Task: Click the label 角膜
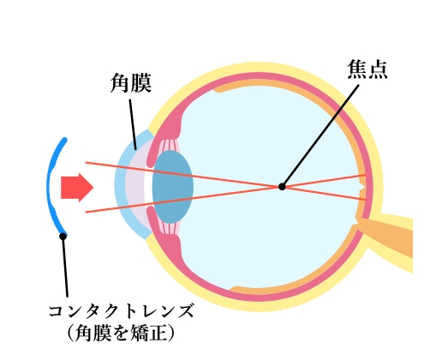(x=131, y=83)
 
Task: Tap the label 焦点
(x=367, y=69)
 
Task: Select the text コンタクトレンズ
(x=121, y=311)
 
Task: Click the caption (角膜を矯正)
(x=121, y=333)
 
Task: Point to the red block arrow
(x=77, y=188)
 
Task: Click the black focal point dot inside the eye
(x=282, y=187)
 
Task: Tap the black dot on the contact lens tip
(x=63, y=236)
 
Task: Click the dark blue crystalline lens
(x=173, y=187)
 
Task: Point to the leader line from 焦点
(x=320, y=135)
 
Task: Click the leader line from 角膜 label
(x=133, y=124)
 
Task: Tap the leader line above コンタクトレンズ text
(x=65, y=267)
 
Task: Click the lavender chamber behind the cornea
(x=135, y=187)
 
